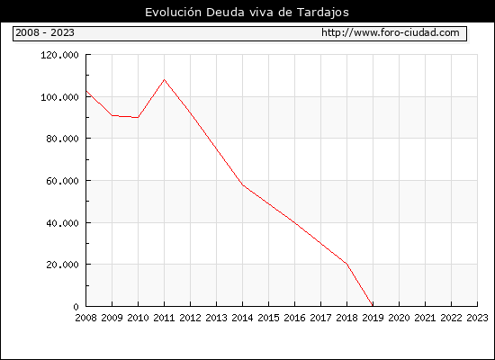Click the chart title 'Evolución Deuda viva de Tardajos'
247,13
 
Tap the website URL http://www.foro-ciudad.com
391,32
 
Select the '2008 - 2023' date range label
45,32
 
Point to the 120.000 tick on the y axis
59,55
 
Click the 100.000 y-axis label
59,97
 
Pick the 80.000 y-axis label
62,139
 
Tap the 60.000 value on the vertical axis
62,181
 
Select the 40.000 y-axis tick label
62,223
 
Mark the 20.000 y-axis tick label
62,265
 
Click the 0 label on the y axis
76,307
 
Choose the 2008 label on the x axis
85,318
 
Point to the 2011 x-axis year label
164,318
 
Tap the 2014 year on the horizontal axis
242,318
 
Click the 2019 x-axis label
373,318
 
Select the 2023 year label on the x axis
477,318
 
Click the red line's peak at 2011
164,79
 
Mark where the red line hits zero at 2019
373,306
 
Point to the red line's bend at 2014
242,184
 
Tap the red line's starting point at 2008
86,91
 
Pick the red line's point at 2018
346,264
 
